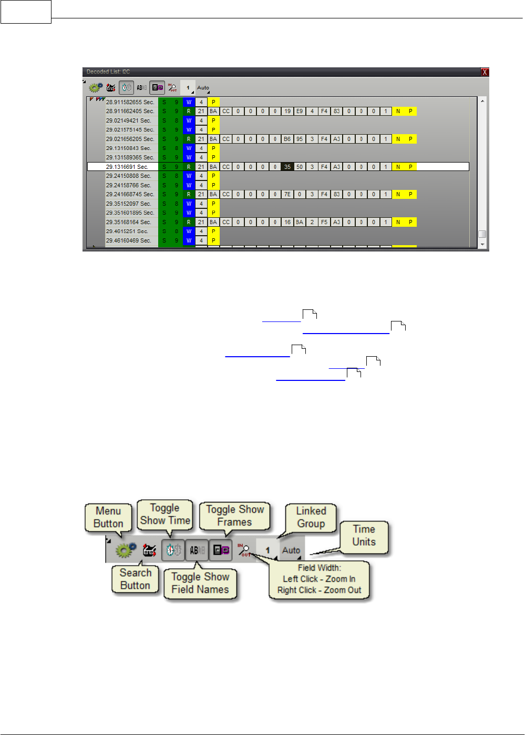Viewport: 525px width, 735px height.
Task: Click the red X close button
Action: (485, 72)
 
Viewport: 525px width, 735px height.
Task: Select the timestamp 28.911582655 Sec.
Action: (130, 102)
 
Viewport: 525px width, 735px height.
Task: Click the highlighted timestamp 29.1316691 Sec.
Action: (127, 167)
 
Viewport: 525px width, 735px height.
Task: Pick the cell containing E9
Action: (300, 112)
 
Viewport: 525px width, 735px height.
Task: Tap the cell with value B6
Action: (287, 139)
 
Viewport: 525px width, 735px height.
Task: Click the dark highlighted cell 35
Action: (287, 167)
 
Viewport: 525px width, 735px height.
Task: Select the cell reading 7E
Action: (287, 194)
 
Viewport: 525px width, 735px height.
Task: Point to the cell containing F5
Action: (324, 222)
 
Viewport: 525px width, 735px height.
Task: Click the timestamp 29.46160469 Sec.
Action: (128, 240)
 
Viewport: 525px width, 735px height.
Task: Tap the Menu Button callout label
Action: (108, 517)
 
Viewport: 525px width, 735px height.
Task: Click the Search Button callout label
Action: (135, 579)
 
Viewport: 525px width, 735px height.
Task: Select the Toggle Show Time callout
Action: (165, 514)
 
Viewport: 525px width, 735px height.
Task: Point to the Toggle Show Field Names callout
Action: (200, 583)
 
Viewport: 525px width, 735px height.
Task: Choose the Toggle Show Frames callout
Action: (235, 516)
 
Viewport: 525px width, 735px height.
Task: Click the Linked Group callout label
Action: (311, 517)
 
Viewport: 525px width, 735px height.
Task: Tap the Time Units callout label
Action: (364, 536)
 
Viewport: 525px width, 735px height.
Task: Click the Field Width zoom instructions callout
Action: (319, 579)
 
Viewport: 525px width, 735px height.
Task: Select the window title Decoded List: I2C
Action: (108, 72)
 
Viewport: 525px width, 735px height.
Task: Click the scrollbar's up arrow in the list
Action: (482, 100)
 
